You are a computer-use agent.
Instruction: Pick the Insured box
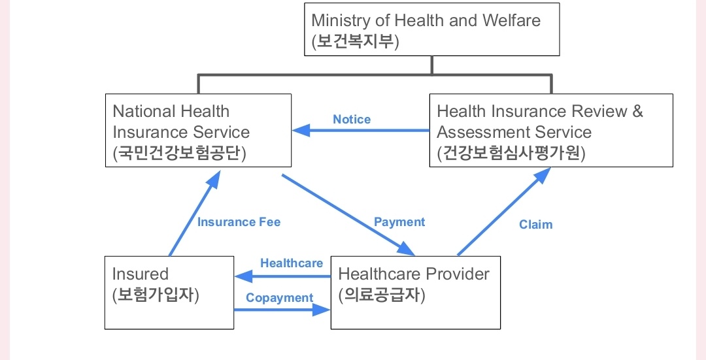point(169,292)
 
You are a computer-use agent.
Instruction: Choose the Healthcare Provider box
point(416,292)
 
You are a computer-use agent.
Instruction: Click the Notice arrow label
point(352,120)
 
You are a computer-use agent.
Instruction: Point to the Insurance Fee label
point(239,222)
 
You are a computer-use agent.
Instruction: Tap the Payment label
point(399,222)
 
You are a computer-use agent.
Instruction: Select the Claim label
point(536,225)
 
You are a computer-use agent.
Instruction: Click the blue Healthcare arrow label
point(292,263)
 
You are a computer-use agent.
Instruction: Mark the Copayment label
point(280,298)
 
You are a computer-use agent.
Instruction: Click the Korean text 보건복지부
point(355,42)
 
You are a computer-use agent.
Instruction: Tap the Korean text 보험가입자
point(156,295)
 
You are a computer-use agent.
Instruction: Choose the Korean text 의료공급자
point(382,295)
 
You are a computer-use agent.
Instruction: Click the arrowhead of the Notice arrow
point(299,131)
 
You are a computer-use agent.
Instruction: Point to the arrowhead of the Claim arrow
point(545,172)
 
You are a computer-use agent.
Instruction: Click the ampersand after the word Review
point(637,111)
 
